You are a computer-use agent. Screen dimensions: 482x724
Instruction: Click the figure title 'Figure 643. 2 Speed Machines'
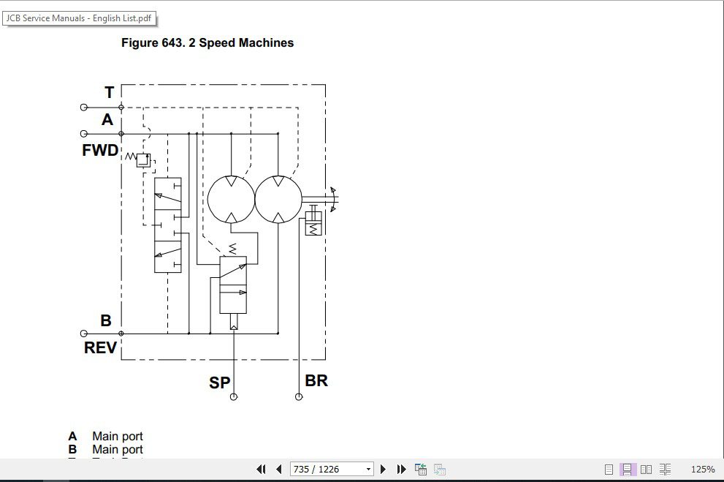click(x=207, y=43)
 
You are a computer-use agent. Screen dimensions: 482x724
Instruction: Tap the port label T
click(x=110, y=93)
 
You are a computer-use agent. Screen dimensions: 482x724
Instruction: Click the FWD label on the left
click(x=100, y=151)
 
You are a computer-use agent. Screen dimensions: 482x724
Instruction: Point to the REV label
click(x=100, y=348)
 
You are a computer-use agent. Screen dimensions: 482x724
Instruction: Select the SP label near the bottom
click(x=219, y=383)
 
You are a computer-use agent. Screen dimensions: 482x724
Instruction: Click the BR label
click(x=316, y=380)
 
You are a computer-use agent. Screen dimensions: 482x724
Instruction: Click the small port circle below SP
click(x=234, y=397)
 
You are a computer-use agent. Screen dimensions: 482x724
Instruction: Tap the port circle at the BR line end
click(x=299, y=397)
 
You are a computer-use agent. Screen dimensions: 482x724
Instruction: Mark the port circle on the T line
click(x=84, y=108)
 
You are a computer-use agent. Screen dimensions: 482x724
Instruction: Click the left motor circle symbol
click(x=231, y=198)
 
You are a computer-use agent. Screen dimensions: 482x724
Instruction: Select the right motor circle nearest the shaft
click(x=278, y=198)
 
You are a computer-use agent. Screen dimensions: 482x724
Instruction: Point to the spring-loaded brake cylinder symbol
click(x=313, y=224)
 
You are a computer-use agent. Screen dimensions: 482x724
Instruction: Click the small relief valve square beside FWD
click(x=142, y=160)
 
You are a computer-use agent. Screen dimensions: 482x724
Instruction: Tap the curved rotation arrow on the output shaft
click(x=333, y=198)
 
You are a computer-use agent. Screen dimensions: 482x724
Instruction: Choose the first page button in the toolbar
click(x=261, y=469)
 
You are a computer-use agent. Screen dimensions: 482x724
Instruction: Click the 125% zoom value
click(x=702, y=469)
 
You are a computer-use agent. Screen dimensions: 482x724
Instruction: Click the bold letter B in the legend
click(x=72, y=449)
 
